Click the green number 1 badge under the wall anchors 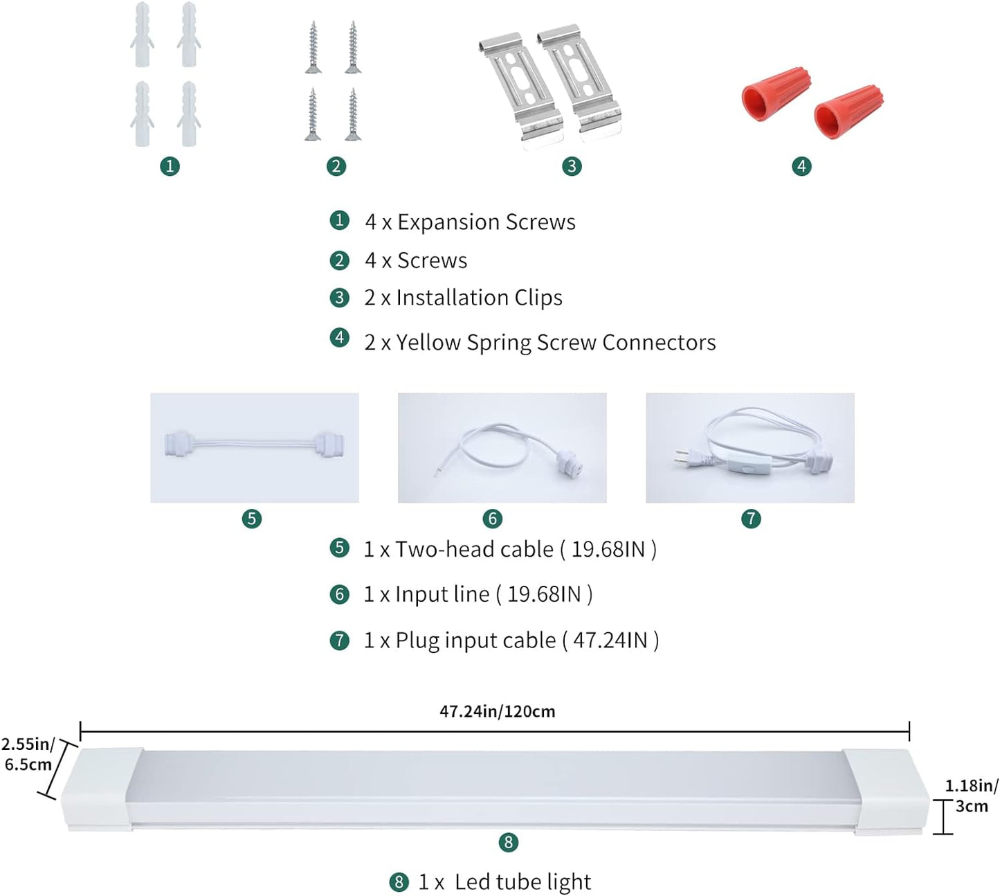point(170,166)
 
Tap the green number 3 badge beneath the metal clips point(572,166)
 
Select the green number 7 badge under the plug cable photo point(751,519)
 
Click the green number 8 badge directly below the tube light point(508,842)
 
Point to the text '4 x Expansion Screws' point(470,222)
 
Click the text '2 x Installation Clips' point(463,298)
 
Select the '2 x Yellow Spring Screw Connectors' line point(540,343)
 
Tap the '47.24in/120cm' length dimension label point(497,712)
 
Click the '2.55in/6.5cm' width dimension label point(27,754)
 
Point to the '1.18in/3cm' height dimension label point(972,796)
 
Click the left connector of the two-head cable point(179,444)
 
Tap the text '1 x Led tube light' point(504,882)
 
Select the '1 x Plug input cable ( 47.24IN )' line point(511,640)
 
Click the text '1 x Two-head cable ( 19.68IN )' point(510,550)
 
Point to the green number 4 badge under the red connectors point(801,166)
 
